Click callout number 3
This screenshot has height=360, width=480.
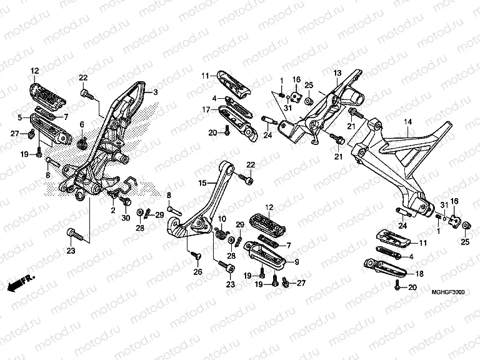point(156,92)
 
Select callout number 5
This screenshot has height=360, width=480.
point(19,117)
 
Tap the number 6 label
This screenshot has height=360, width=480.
point(81,124)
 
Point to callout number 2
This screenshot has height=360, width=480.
point(113,211)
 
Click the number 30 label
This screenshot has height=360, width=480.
point(125,217)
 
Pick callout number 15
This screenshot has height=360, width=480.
point(202,183)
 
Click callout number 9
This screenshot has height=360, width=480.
point(296,262)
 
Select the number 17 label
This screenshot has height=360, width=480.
point(204,109)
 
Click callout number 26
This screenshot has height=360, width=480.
point(197,271)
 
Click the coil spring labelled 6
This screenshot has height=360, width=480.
point(82,144)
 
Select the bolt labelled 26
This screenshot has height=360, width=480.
point(197,256)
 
